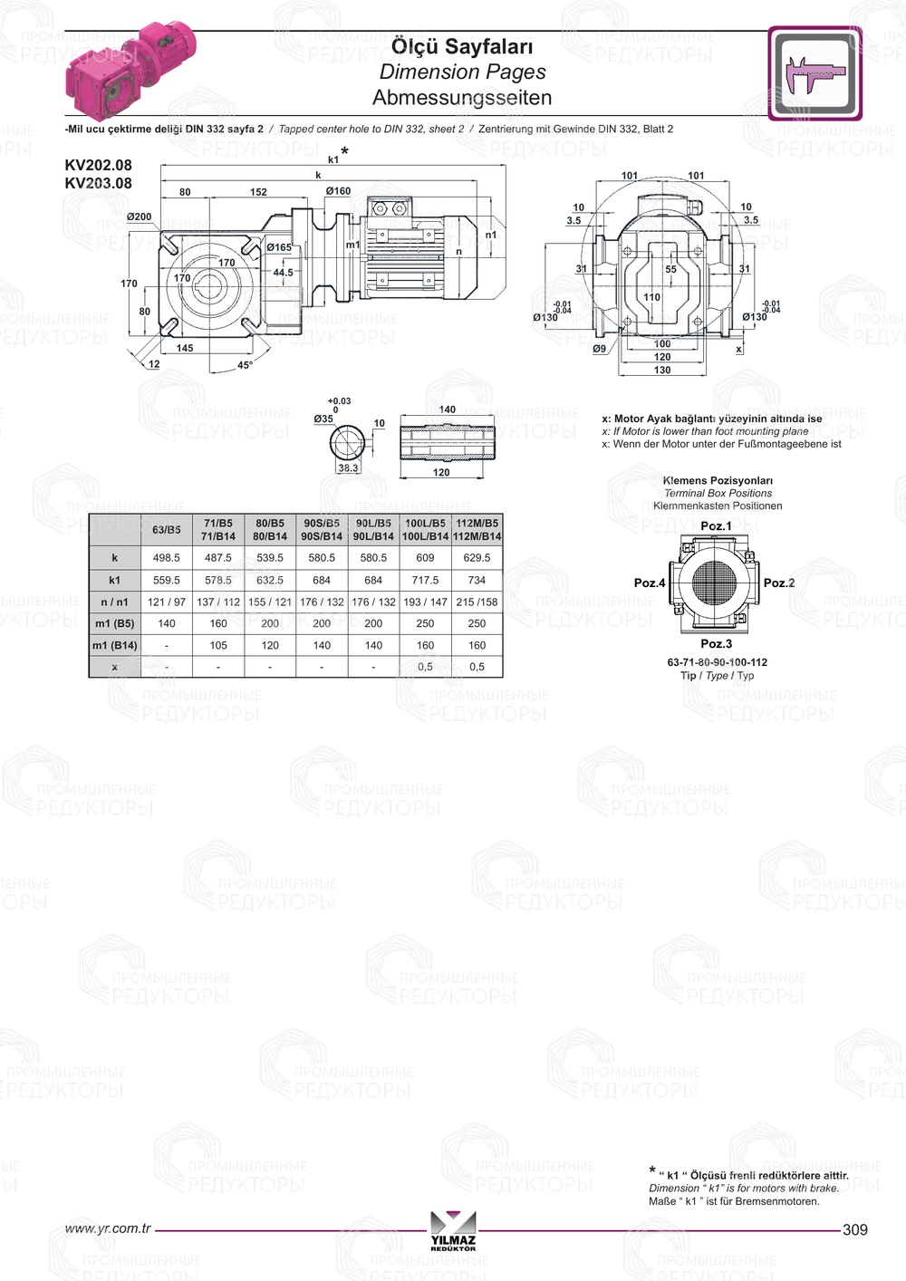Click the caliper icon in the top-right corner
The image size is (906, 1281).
814,73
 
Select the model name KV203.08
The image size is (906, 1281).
98,183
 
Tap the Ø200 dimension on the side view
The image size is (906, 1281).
139,217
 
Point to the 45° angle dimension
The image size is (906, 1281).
245,365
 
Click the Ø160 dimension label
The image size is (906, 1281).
338,191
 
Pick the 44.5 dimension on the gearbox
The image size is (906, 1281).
283,272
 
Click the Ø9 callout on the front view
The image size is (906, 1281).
599,349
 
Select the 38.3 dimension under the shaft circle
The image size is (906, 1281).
348,468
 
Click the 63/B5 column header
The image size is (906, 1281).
167,529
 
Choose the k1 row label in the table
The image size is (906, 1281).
115,580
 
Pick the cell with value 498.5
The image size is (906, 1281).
167,558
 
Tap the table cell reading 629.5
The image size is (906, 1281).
477,558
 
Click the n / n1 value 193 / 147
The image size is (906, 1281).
425,602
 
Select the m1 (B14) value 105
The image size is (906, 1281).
218,645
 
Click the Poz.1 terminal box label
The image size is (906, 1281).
716,526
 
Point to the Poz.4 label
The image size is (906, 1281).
650,583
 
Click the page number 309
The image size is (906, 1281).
854,1229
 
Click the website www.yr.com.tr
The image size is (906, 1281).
107,1228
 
